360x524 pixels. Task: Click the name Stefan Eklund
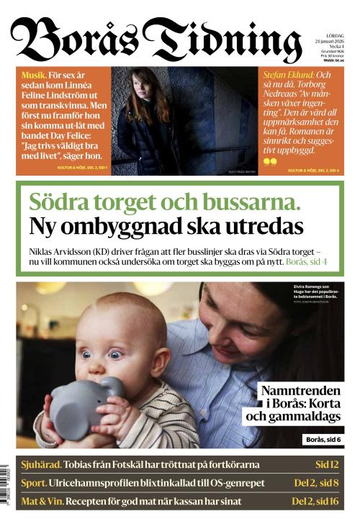point(287,75)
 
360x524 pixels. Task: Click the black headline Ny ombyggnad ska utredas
point(166,227)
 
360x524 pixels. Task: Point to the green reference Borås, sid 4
point(307,262)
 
